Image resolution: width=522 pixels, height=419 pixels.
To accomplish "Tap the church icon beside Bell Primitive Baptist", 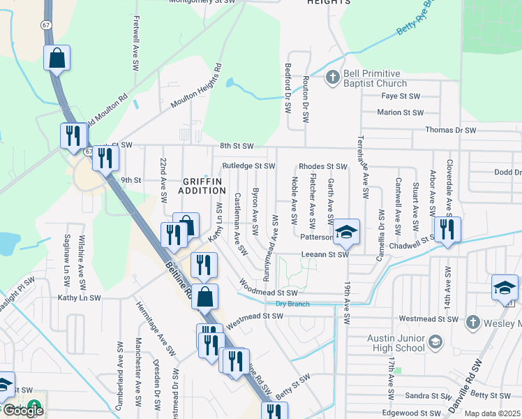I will [333, 78].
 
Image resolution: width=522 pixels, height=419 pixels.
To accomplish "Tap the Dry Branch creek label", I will [292, 304].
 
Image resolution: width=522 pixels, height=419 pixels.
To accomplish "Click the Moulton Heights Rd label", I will [196, 88].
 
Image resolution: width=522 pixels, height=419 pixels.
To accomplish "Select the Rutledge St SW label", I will [248, 166].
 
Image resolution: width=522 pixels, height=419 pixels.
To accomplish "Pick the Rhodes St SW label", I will [322, 166].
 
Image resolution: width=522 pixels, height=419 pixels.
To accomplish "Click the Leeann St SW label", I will [324, 255].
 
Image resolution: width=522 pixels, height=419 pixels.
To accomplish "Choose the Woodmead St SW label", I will [269, 288].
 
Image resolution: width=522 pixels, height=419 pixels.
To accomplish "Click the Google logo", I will [22, 411].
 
